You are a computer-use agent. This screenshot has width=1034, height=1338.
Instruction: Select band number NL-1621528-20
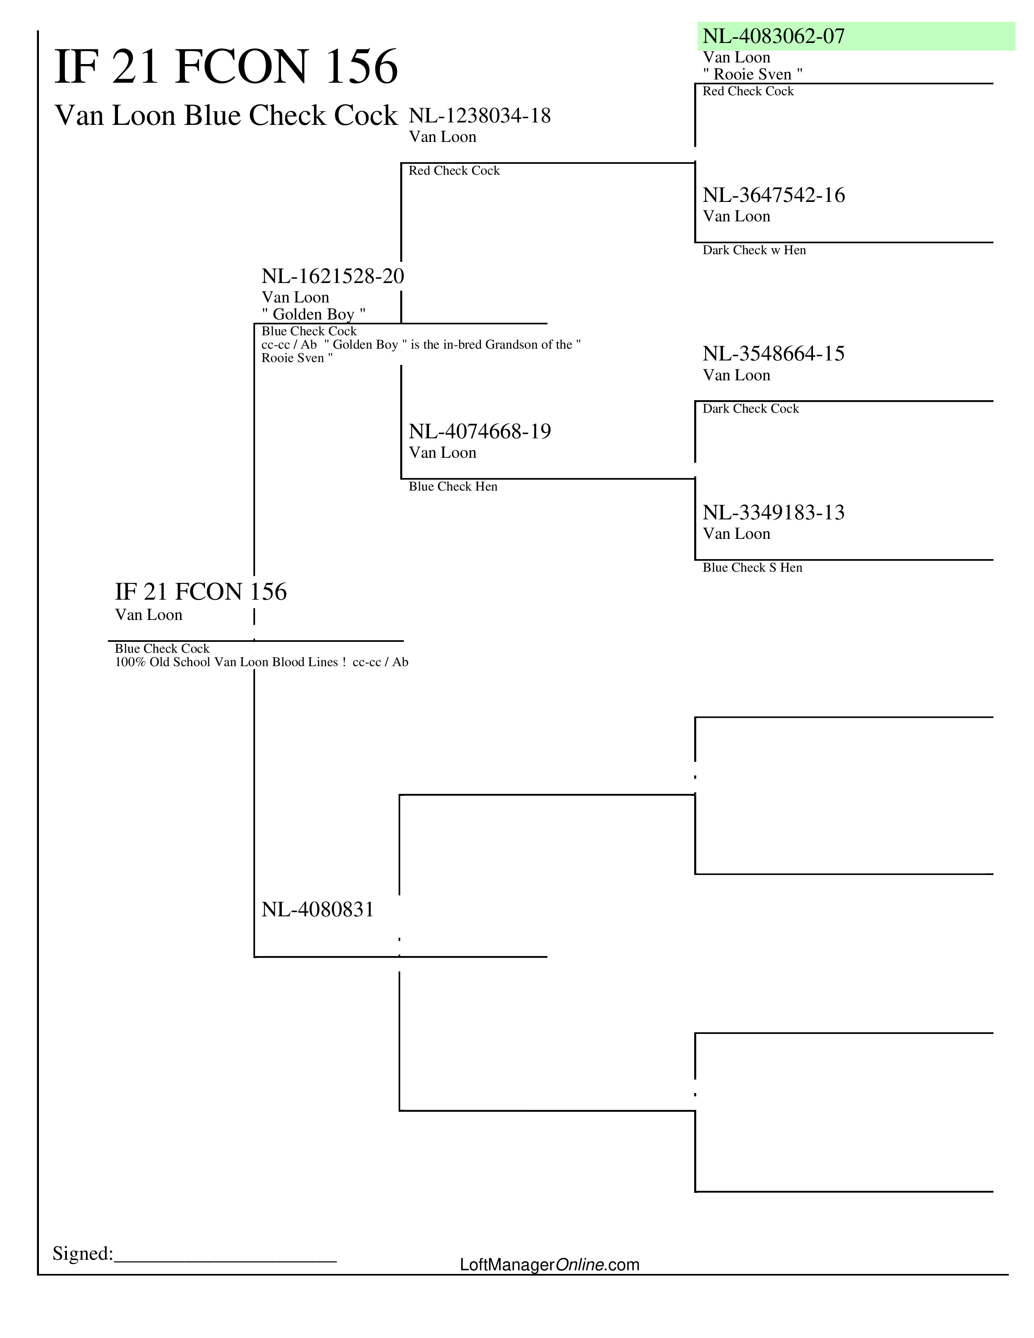point(333,276)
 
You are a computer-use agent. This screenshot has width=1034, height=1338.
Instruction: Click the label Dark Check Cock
point(751,409)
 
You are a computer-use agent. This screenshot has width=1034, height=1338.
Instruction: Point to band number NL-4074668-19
point(480,431)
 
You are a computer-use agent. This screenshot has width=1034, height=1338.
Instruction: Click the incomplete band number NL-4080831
point(317,909)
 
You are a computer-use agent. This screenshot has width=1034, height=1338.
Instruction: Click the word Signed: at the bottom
point(83,1253)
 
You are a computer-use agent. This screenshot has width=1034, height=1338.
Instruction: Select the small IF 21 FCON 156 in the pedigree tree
point(200,592)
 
